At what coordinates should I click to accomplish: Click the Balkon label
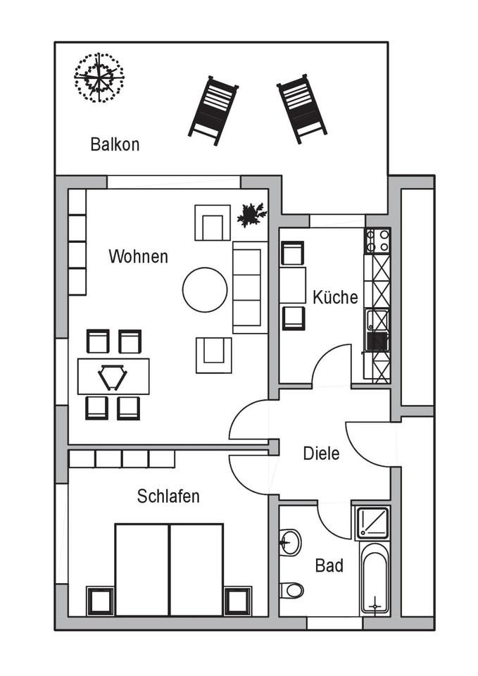point(115,144)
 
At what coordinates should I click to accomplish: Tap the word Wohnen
point(138,256)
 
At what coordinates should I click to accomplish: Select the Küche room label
point(335,297)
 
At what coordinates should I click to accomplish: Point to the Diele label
point(321,453)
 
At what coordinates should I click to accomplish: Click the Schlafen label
point(168,496)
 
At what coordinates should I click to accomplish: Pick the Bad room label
point(329,565)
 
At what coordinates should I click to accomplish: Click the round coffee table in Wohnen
point(205,289)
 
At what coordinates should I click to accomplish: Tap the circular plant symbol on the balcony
point(99,77)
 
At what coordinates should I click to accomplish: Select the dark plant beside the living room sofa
point(251,214)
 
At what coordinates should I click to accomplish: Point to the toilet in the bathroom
point(290,589)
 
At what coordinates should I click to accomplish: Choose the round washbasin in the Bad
point(289,542)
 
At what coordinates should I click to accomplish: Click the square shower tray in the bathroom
point(373,522)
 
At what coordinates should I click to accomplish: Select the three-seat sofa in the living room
point(250,287)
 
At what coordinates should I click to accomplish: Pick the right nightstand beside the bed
point(237,601)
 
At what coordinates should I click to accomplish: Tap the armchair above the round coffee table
point(213,223)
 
